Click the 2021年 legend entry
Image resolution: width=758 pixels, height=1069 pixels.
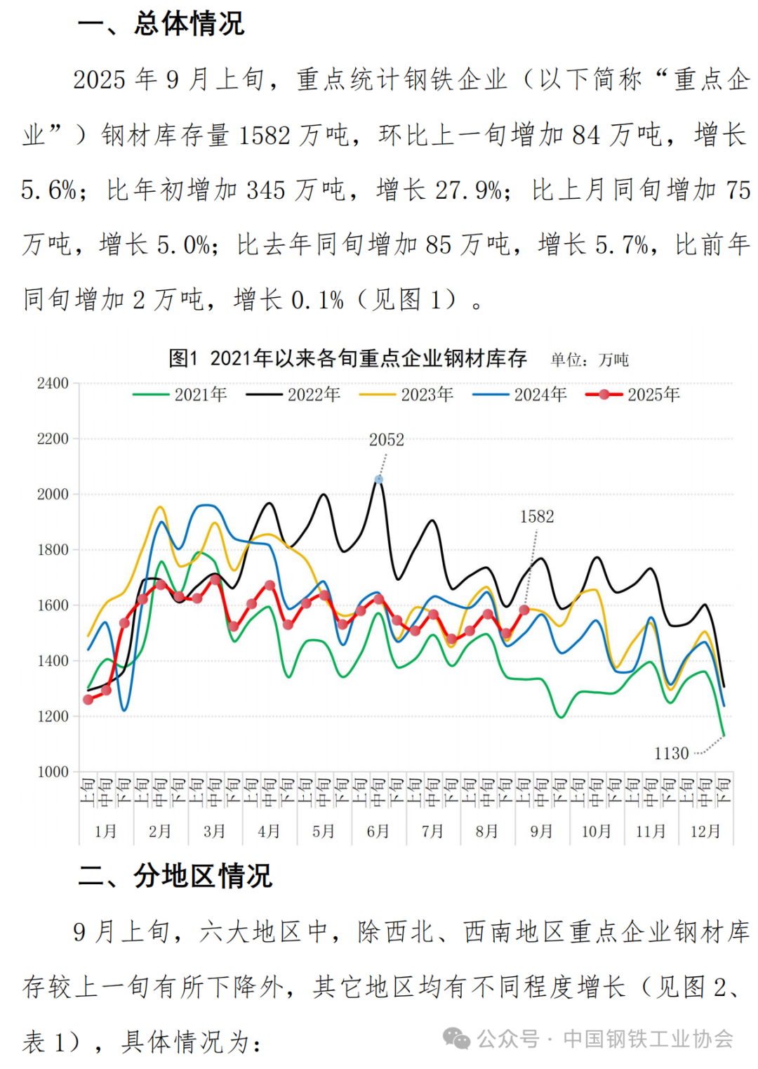tap(180, 395)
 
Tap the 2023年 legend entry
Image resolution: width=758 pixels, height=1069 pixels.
tap(406, 395)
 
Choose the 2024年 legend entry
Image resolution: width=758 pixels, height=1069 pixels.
tap(520, 395)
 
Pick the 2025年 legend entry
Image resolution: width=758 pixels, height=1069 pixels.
tap(633, 395)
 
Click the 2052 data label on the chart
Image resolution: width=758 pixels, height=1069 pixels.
tap(387, 440)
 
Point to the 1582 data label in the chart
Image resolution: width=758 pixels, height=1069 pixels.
tap(537, 517)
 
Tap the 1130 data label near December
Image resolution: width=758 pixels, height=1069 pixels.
tap(672, 754)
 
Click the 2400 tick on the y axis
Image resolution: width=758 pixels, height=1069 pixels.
tap(53, 383)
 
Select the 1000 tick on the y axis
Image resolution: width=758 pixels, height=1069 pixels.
tap(53, 772)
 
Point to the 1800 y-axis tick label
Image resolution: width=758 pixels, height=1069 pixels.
tap(53, 550)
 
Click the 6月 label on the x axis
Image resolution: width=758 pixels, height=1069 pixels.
tap(378, 832)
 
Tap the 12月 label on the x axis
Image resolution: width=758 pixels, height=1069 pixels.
tap(705, 832)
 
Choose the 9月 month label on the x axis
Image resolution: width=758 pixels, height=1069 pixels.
tap(542, 832)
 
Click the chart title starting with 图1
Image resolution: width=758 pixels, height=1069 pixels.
tap(347, 359)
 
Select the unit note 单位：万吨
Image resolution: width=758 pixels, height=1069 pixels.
tap(590, 360)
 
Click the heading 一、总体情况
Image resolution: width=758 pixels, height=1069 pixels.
tap(161, 24)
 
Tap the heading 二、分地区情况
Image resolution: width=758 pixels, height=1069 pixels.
tap(175, 876)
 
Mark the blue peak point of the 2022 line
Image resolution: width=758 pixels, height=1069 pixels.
tap(379, 480)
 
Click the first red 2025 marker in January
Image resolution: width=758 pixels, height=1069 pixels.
tap(88, 700)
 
